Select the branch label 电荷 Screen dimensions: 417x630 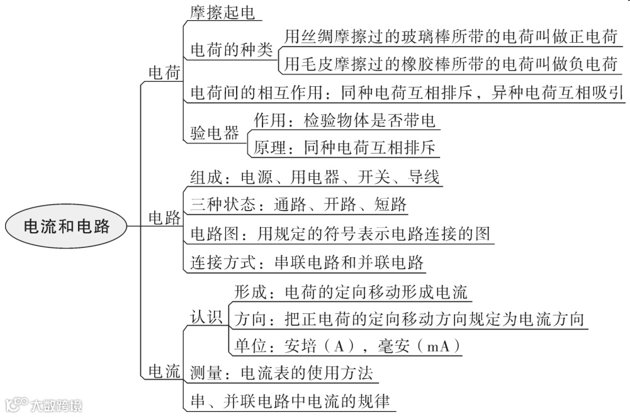(x=164, y=73)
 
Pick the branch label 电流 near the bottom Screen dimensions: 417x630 (x=164, y=371)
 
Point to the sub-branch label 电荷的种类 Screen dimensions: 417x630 (x=232, y=50)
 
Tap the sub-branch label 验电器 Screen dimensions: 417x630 (x=215, y=133)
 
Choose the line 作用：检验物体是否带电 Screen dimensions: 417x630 (x=345, y=120)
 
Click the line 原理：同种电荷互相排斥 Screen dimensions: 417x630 (x=345, y=148)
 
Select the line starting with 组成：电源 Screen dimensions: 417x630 (x=315, y=177)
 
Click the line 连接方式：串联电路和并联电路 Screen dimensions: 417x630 (x=307, y=262)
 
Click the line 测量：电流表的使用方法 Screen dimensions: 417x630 (x=281, y=374)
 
